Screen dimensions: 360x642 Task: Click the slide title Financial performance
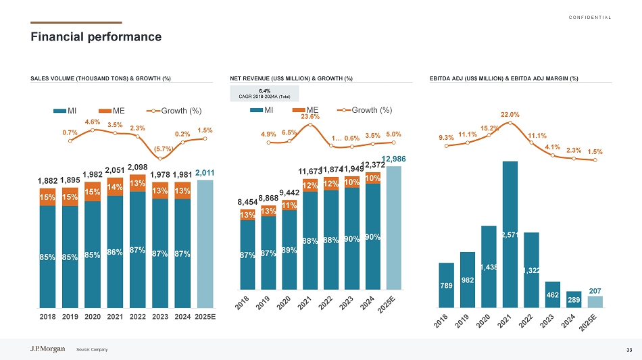(x=96, y=36)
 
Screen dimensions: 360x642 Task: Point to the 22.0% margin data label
(x=510, y=115)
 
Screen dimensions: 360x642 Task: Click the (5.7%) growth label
(x=161, y=149)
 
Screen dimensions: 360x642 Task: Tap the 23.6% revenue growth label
(x=310, y=116)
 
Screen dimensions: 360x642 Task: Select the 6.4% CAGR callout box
(x=264, y=93)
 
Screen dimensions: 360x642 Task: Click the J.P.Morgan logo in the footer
(x=48, y=349)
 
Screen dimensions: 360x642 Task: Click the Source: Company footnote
(x=92, y=349)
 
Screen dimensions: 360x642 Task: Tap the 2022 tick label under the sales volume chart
(x=139, y=316)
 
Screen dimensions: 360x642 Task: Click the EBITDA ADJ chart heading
(x=503, y=78)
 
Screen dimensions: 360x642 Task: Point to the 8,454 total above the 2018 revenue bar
(x=247, y=201)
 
